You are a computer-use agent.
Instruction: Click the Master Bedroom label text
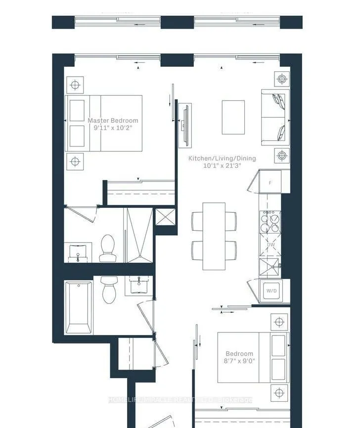click(113, 120)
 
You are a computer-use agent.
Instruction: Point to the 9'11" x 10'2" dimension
click(113, 128)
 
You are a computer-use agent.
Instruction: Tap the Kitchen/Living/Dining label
click(222, 158)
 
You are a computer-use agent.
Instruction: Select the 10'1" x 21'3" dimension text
click(222, 166)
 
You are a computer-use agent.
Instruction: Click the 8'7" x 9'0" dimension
click(239, 361)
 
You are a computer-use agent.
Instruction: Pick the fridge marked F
click(270, 183)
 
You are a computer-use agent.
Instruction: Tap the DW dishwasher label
click(270, 244)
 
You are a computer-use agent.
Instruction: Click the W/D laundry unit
click(271, 291)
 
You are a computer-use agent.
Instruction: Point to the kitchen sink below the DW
click(270, 268)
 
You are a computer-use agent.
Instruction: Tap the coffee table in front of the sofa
click(233, 117)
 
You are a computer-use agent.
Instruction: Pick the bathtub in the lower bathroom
click(78, 307)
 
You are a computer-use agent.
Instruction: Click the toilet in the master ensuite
click(107, 247)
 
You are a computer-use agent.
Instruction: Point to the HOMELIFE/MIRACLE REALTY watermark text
click(180, 400)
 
